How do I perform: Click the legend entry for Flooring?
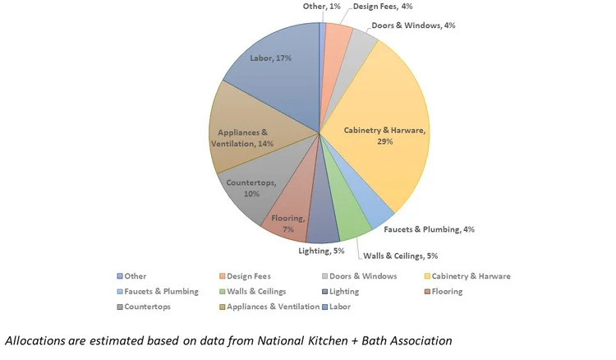click(441, 291)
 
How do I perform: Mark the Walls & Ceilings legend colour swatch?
click(224, 292)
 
